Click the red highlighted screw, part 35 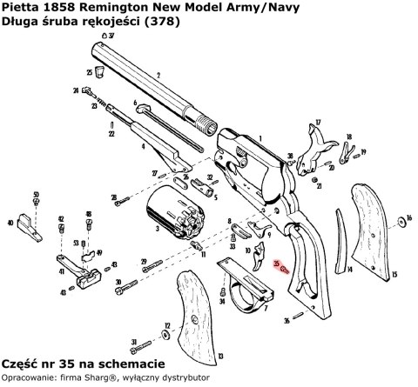(x=285, y=270)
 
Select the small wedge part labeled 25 (x=100, y=73)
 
